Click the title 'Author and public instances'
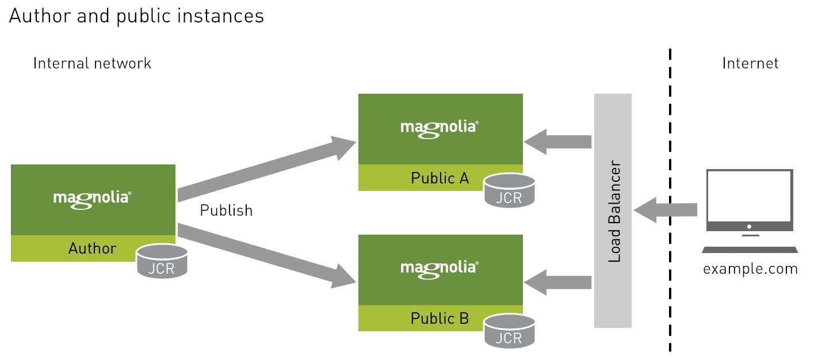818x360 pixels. click(x=136, y=17)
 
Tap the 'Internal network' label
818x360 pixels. click(x=92, y=63)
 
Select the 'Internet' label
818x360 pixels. click(x=750, y=63)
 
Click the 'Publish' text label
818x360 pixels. click(x=226, y=210)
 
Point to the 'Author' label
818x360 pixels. click(x=93, y=248)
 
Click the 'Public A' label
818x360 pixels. click(x=439, y=178)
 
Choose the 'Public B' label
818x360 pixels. click(x=439, y=319)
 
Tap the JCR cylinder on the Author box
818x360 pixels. click(x=162, y=262)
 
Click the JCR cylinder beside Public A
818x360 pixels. click(x=510, y=190)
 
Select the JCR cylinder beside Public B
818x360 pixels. click(x=510, y=331)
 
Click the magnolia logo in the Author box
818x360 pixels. click(x=92, y=200)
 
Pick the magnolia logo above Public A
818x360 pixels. click(x=439, y=129)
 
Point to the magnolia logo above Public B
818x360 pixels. click(x=439, y=270)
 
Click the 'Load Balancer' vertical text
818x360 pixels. click(x=614, y=211)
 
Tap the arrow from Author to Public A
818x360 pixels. click(x=266, y=169)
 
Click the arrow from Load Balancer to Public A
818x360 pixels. click(x=557, y=141)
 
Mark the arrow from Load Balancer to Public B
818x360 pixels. click(x=557, y=282)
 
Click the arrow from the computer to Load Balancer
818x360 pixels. click(x=666, y=210)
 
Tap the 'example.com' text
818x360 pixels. click(x=751, y=269)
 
